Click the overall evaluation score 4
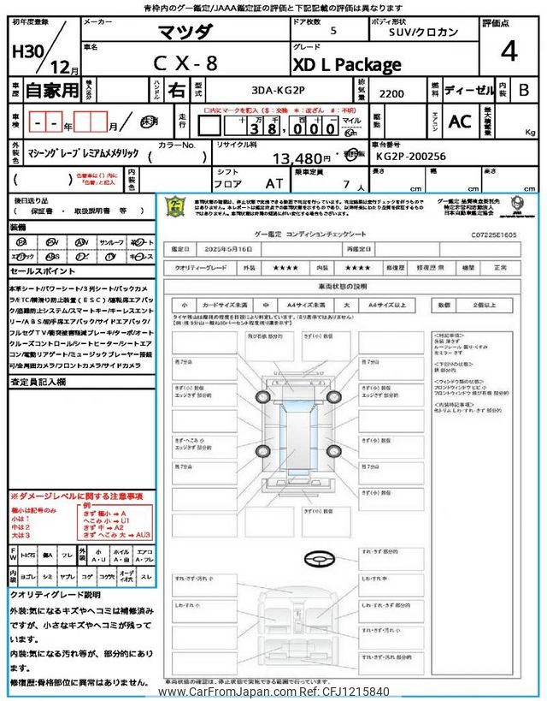[509, 51]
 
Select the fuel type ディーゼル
[467, 89]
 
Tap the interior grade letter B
[524, 89]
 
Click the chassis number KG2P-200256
[409, 157]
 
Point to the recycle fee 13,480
[300, 158]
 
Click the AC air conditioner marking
[460, 122]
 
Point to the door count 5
[332, 31]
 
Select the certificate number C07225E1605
[493, 232]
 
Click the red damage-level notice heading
[77, 496]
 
